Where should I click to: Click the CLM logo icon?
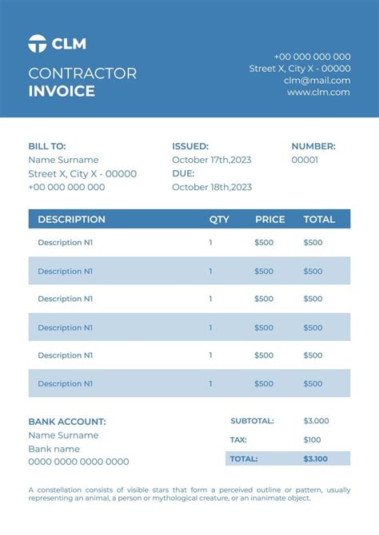point(37,44)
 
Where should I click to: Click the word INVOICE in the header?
point(62,91)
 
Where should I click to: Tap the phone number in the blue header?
point(312,57)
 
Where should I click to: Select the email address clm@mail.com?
point(317,80)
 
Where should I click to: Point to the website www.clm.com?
point(318,92)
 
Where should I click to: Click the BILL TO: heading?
point(47,146)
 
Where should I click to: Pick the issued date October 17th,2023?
point(212,160)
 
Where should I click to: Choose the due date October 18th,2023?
point(212,187)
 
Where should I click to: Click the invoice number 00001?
point(305,160)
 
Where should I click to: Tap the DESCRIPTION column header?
point(71,219)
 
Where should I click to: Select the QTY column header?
point(219,219)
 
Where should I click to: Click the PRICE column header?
point(269,219)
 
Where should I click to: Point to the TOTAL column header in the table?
point(319,219)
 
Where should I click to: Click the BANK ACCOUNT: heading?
point(67,422)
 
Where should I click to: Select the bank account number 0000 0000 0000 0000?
point(78,462)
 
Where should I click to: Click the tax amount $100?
point(312,440)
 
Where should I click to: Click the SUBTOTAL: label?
point(252,421)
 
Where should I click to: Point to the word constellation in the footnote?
point(58,489)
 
